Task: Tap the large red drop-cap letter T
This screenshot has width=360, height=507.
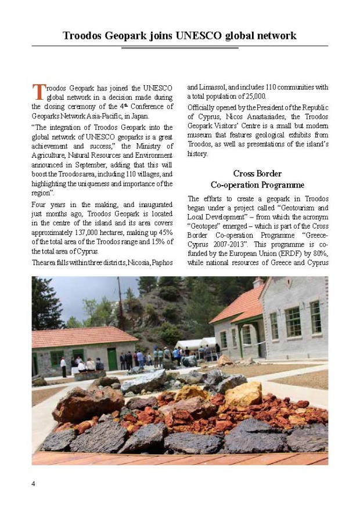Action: (38, 92)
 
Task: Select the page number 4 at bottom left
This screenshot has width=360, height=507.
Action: (33, 484)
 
